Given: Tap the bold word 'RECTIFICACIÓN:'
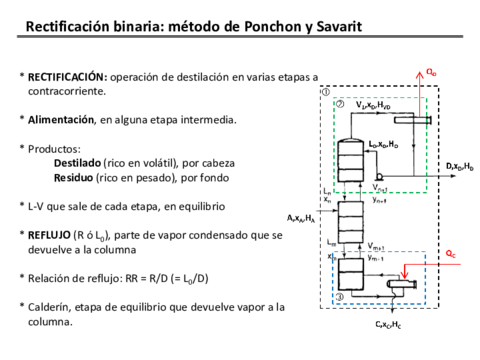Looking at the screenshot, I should pos(67,77).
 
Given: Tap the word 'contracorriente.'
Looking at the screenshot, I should pos(67,92).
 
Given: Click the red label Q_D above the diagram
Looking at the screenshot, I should pos(431,72).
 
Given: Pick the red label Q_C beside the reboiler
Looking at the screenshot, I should pos(451,252).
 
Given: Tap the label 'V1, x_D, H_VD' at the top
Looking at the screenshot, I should pos(372,104).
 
